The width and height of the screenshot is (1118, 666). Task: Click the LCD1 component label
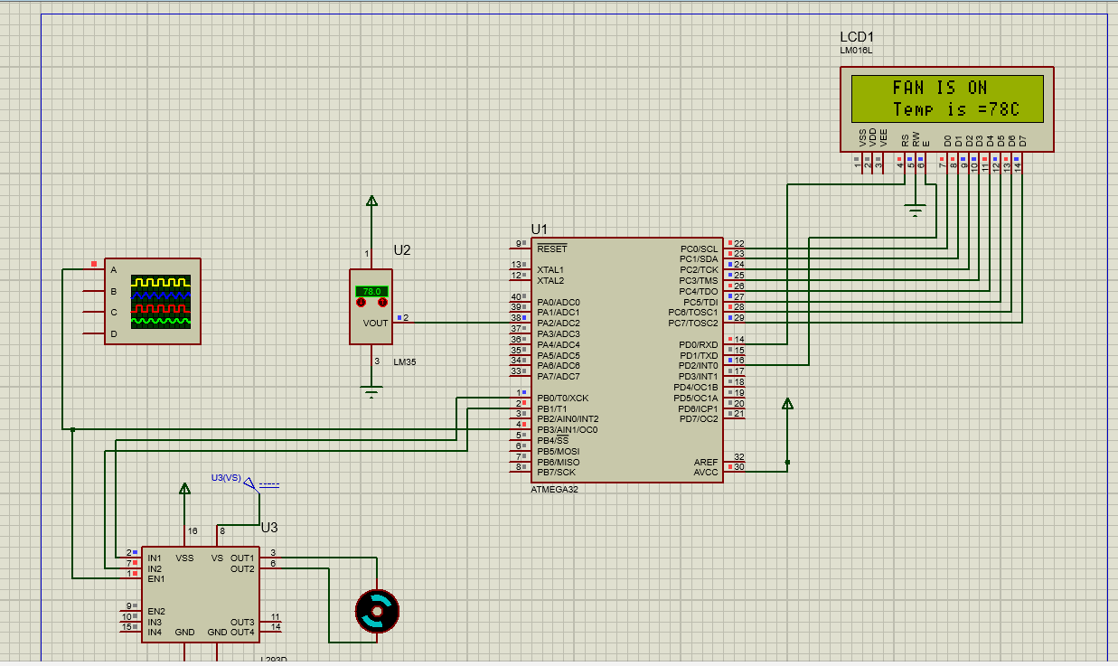(x=857, y=37)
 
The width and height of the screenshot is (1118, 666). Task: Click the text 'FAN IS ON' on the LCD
(x=939, y=88)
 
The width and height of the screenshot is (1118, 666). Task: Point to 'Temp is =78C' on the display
(x=955, y=109)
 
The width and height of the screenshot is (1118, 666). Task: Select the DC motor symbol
(x=377, y=611)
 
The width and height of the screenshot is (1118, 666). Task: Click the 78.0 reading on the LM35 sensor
(x=371, y=292)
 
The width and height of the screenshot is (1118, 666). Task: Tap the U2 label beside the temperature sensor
(x=402, y=250)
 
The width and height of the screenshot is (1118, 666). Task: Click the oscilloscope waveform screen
(x=161, y=300)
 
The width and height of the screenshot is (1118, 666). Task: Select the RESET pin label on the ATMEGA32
(x=551, y=248)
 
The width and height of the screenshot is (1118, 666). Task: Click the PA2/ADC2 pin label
(x=559, y=323)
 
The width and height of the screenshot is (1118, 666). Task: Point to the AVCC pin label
(x=706, y=472)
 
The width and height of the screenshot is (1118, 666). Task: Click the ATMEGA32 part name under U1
(x=554, y=489)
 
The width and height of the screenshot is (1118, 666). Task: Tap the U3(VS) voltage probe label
(x=226, y=477)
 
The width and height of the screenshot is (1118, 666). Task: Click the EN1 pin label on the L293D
(x=156, y=578)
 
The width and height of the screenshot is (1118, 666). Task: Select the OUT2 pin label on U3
(x=242, y=568)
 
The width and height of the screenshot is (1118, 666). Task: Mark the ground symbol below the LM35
(x=371, y=391)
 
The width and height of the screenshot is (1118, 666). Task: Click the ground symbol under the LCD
(x=916, y=211)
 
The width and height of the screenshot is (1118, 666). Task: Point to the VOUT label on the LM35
(x=375, y=323)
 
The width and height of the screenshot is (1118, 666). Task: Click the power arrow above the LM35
(x=371, y=201)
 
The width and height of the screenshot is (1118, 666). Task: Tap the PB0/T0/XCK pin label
(x=562, y=398)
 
